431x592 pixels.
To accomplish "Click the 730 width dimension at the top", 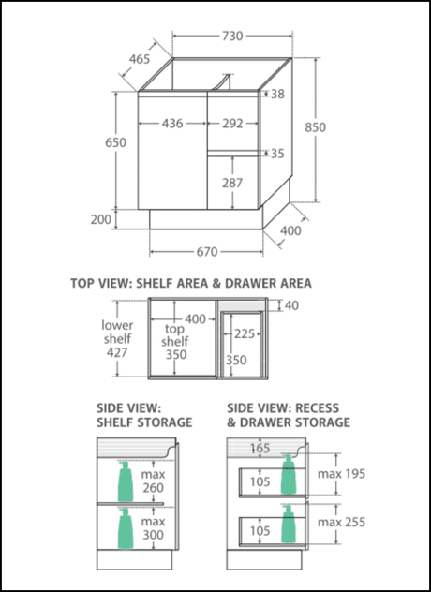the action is (232, 37).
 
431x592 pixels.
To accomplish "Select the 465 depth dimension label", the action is (140, 59).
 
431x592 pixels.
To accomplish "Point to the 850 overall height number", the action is (315, 127).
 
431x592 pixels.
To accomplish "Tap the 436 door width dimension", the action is (172, 124).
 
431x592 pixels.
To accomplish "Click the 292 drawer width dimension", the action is (232, 124).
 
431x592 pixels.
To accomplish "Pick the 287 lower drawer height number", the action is (232, 183).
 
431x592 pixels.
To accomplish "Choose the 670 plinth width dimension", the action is (207, 251).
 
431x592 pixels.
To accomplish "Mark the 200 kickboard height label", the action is (101, 219).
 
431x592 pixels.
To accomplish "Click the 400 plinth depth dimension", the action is (290, 230).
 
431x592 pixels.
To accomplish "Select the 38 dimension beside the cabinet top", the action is (277, 94).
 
